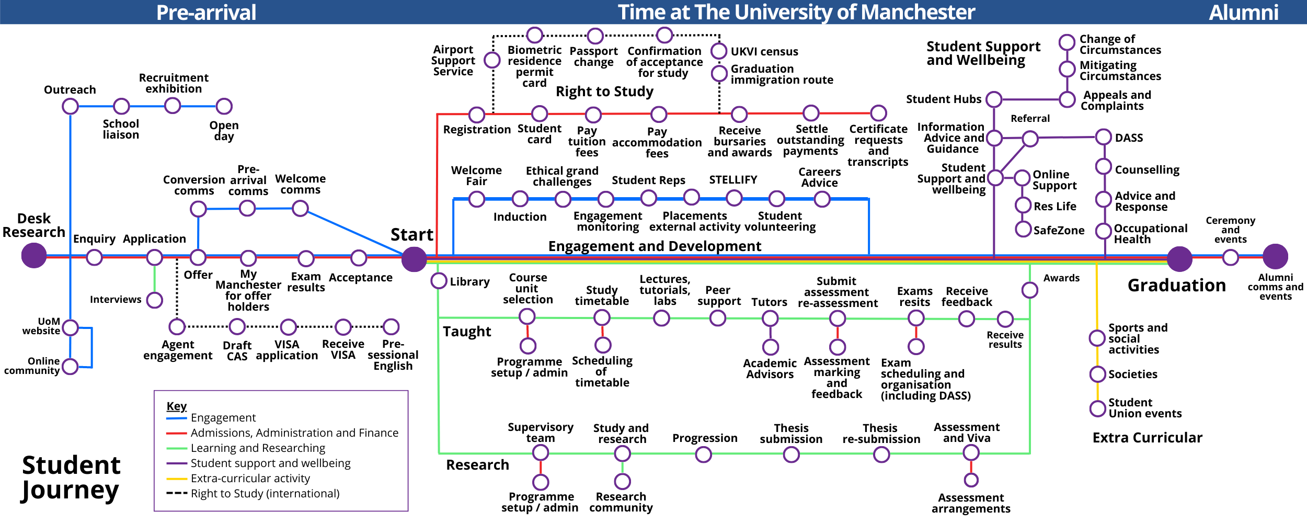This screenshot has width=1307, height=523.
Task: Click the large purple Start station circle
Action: point(414,259)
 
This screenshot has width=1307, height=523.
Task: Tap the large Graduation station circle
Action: point(1179,259)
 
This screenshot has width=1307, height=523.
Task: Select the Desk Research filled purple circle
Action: point(34,256)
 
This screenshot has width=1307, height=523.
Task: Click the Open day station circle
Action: point(224,106)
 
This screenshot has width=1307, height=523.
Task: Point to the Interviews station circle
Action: point(154,300)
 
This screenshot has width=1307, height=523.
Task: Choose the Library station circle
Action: point(439,281)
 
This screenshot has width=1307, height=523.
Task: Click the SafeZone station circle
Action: point(1023,229)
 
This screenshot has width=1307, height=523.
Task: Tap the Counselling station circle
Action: point(1103,167)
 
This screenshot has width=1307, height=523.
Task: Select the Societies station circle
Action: point(1097,374)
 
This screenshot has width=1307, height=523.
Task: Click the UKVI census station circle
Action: point(719,51)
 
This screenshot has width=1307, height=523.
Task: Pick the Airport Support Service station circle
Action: point(492,60)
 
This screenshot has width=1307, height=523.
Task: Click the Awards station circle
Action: point(1029,290)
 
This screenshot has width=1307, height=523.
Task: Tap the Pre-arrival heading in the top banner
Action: point(206,12)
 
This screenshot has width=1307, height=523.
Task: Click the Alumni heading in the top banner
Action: point(1243,12)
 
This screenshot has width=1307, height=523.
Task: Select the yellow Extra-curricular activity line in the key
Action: point(176,479)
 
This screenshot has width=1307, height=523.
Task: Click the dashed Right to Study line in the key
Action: point(176,493)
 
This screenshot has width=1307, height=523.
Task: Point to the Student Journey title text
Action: point(71,477)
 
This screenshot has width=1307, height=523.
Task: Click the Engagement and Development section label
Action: point(655,246)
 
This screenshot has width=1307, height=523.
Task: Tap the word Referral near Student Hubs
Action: point(1030,119)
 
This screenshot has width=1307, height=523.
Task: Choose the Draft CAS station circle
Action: point(237,327)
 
